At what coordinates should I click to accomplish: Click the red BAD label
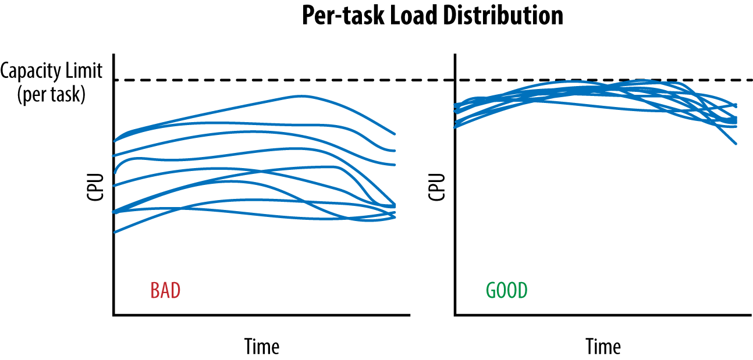(165, 290)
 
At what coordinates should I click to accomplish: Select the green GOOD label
(507, 290)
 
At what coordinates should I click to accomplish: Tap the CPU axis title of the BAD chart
(95, 187)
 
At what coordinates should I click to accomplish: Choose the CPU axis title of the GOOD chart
(436, 187)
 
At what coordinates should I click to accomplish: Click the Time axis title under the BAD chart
(261, 346)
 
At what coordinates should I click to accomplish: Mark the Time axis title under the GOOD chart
(603, 347)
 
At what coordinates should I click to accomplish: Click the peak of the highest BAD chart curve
(300, 96)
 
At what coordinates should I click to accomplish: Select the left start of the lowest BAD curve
(115, 233)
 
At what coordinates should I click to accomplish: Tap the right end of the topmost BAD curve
(395, 134)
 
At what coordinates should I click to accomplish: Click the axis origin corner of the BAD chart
(113, 315)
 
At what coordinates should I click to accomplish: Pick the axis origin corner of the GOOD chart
(455, 315)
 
